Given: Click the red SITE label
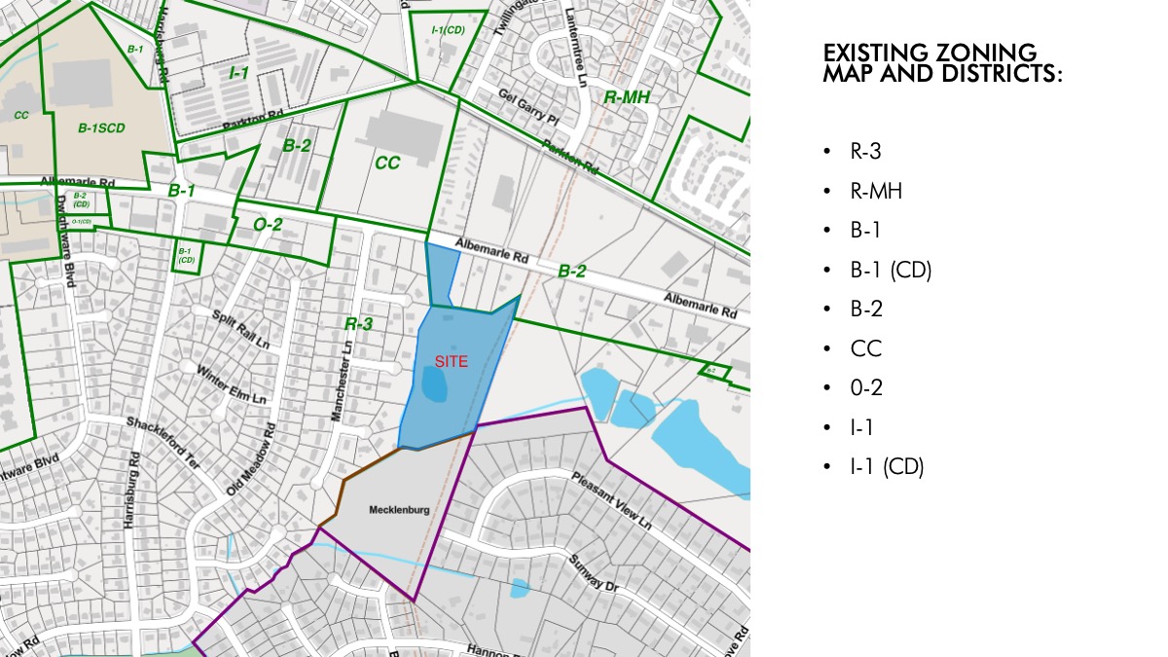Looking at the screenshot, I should [451, 361].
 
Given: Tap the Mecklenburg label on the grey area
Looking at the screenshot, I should [399, 509].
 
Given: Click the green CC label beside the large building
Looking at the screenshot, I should [387, 163].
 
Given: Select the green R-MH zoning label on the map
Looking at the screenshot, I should [627, 97].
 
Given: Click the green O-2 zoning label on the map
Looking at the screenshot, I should [268, 225].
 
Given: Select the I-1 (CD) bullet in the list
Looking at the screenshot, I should [886, 466].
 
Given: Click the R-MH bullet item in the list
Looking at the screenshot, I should [875, 191].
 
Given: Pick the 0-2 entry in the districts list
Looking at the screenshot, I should [865, 387].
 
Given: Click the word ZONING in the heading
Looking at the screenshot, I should [978, 53].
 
